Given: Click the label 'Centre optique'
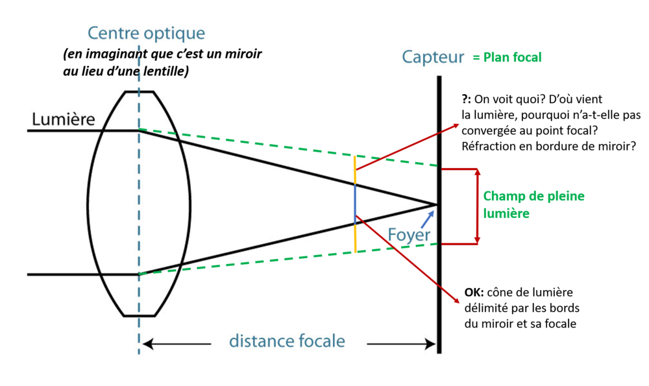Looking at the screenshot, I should pos(146,32).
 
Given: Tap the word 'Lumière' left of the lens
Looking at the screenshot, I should pos(64,119).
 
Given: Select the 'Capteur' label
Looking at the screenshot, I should pos(433,57).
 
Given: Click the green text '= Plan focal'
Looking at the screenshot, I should pos(506,57).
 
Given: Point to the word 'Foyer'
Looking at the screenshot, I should pos(409,233).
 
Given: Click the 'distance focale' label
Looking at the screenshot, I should pos(288,341).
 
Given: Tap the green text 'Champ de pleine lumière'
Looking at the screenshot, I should pos(533,204).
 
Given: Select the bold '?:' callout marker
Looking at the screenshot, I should pos(466,99).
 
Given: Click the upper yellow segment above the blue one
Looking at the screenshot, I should pos(355,170).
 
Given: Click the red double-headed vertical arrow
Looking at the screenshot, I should pos(478,206).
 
